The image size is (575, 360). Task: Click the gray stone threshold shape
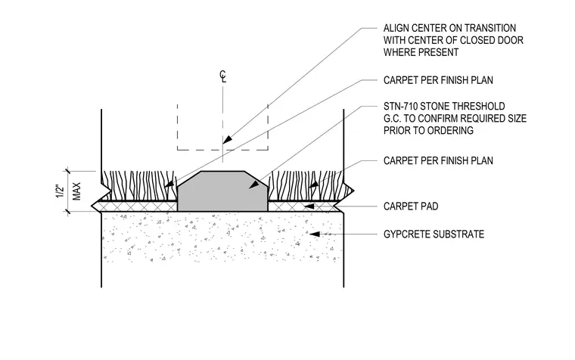[222, 191]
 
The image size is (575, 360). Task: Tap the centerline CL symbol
[223, 76]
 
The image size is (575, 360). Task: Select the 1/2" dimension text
[60, 192]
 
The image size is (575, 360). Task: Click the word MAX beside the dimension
[76, 191]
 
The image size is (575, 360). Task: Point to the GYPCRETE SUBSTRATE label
[434, 234]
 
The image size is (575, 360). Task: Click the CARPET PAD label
[411, 206]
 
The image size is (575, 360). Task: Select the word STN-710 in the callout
[400, 107]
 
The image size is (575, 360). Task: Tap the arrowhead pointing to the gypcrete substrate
[314, 234]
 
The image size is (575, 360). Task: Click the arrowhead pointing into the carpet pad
[309, 206]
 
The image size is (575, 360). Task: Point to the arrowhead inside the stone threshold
[253, 185]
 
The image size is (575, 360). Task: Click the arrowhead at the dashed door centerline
[228, 140]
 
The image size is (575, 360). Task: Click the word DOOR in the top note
[511, 40]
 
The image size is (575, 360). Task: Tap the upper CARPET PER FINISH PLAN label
[438, 80]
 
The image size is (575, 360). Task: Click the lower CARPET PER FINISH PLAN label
[438, 160]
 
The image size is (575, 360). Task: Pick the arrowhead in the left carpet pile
[169, 183]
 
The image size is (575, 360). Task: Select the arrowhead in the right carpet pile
[312, 185]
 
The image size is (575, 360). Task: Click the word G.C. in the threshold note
[393, 119]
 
